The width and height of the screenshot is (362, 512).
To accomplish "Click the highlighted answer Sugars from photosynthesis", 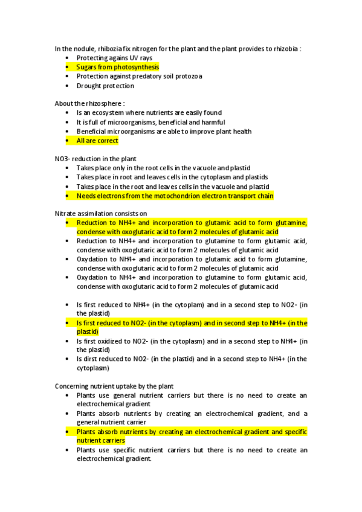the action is (117, 67).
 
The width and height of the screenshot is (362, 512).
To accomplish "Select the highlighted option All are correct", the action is (97, 141).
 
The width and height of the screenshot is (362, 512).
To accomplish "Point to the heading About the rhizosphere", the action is (89, 103).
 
